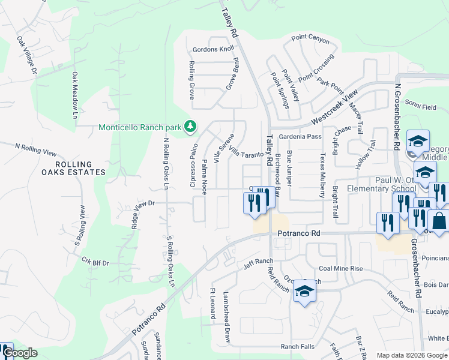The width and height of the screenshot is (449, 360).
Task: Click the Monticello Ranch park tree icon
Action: coord(190,127)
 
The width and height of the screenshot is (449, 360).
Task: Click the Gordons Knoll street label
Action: coord(213,49)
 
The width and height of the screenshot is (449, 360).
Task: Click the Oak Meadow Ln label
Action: coord(76,95)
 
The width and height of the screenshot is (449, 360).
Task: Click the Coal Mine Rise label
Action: coord(340,269)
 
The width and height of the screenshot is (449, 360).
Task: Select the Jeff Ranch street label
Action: coord(258,262)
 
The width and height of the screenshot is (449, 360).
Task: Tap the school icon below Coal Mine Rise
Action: coord(304,292)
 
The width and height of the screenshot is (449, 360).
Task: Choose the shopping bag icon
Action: coord(439,221)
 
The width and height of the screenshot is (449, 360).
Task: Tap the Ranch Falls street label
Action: coord(297,347)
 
